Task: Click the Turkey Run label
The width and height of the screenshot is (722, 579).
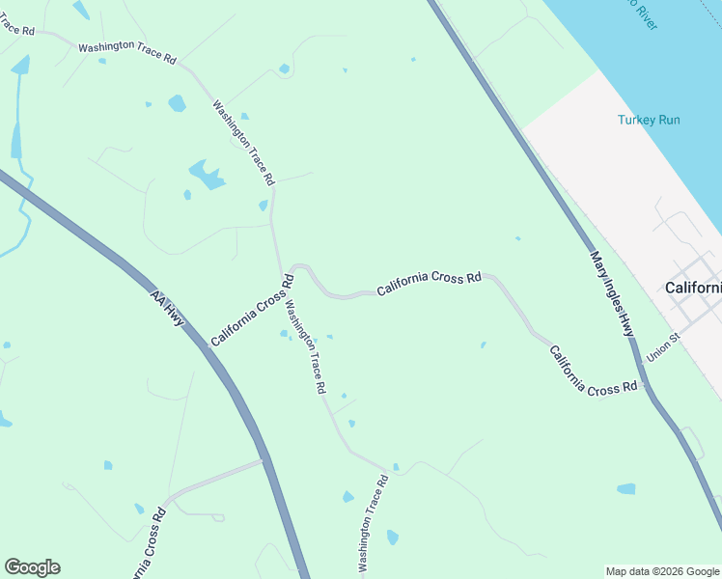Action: pyautogui.click(x=649, y=120)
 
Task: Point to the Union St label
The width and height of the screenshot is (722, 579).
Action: pyautogui.click(x=664, y=348)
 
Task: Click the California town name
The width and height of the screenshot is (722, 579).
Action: pyautogui.click(x=693, y=288)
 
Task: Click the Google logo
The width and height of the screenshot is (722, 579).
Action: pyautogui.click(x=32, y=567)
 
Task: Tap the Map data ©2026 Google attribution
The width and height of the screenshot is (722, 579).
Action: pyautogui.click(x=661, y=571)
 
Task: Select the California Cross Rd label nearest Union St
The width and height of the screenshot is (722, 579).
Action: pyautogui.click(x=594, y=371)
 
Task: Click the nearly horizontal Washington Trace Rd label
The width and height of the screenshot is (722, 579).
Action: pyautogui.click(x=126, y=52)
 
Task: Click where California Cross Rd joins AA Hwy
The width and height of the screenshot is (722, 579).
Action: pyautogui.click(x=264, y=460)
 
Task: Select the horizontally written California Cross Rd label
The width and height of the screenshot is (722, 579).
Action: pyautogui.click(x=429, y=283)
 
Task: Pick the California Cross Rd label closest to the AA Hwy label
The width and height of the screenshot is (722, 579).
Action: pyautogui.click(x=252, y=311)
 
